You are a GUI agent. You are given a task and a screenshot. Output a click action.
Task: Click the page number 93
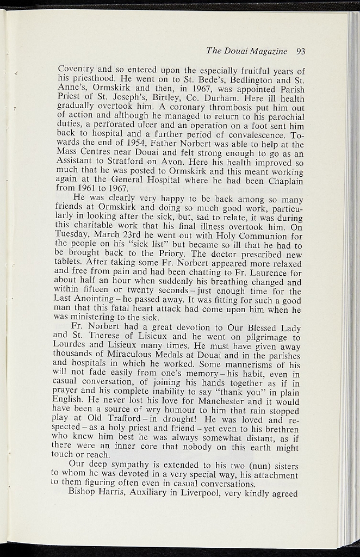point(301,52)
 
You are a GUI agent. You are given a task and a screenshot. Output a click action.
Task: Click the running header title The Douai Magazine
point(247,52)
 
